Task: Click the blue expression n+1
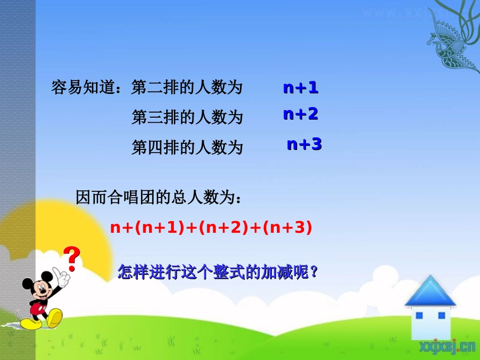coord(301,88)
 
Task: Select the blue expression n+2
coord(301,115)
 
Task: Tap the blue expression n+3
coord(304,145)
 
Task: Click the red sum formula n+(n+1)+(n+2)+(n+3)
coord(211,228)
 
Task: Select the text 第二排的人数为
coord(187,88)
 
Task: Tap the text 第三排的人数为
coord(187,118)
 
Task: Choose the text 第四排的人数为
coord(187,147)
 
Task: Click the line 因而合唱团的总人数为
coord(158,197)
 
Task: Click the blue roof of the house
coord(430,292)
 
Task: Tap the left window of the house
coord(418,316)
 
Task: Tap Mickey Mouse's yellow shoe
coord(54,319)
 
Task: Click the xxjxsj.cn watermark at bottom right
coord(447,346)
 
